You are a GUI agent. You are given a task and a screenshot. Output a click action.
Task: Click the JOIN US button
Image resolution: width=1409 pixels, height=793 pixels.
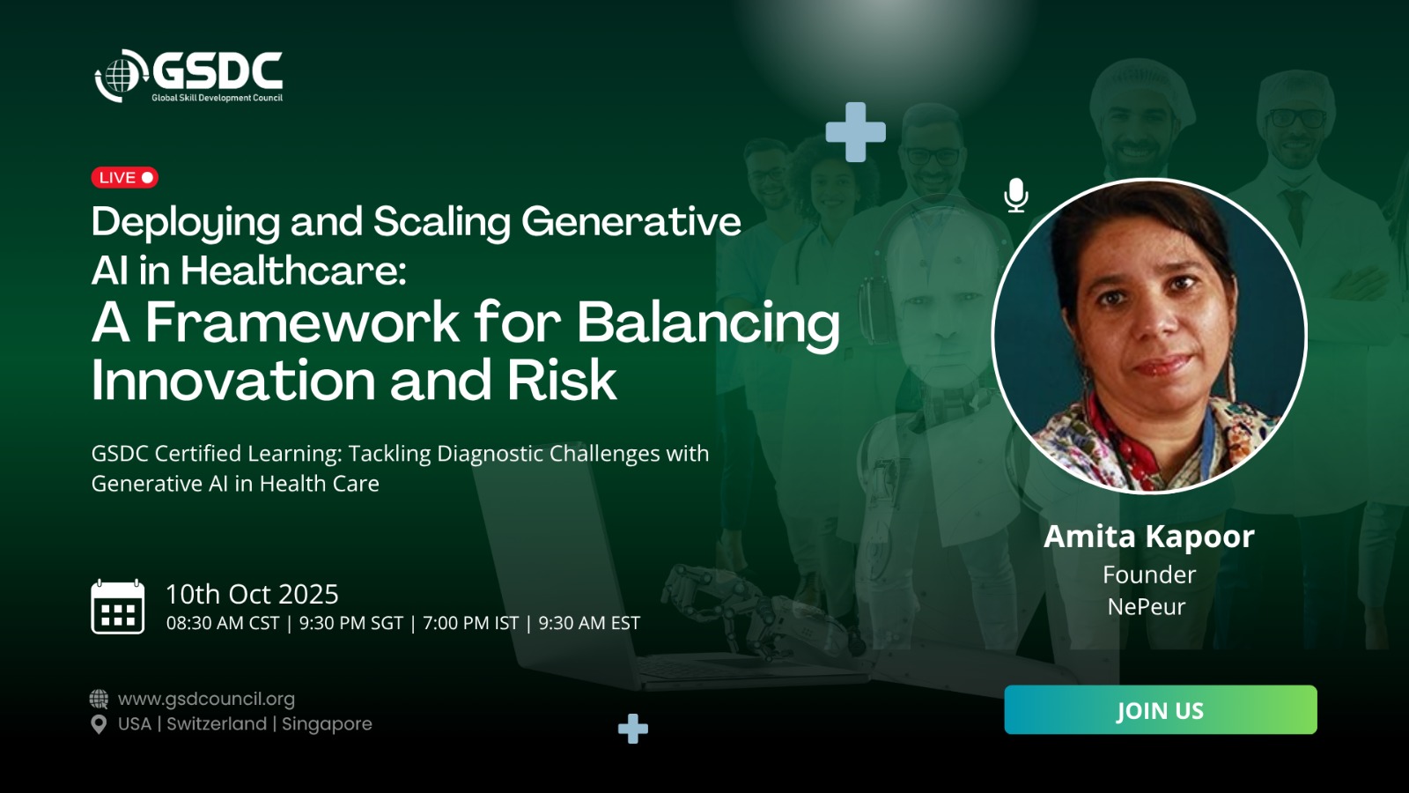pyautogui.click(x=1161, y=709)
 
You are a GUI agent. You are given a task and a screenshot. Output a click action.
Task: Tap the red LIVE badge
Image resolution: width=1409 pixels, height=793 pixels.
pyautogui.click(x=124, y=177)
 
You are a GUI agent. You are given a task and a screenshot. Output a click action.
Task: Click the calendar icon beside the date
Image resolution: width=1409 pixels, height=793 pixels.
pyautogui.click(x=118, y=607)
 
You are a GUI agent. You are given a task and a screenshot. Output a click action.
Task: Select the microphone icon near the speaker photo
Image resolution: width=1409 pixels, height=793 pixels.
pyautogui.click(x=1016, y=195)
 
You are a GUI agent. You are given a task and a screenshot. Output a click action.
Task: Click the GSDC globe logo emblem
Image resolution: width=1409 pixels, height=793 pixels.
pyautogui.click(x=120, y=76)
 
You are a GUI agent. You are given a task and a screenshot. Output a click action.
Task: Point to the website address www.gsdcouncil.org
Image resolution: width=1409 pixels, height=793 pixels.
pyautogui.click(x=206, y=699)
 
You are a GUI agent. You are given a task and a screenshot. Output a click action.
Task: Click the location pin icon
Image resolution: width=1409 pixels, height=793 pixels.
pyautogui.click(x=99, y=724)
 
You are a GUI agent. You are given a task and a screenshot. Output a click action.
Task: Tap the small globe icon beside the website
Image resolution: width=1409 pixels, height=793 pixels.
pyautogui.click(x=99, y=699)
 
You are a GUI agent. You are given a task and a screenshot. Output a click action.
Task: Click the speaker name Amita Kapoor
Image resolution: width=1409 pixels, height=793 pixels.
pyautogui.click(x=1148, y=537)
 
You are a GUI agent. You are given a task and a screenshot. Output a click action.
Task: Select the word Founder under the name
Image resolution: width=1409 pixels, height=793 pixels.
pyautogui.click(x=1149, y=574)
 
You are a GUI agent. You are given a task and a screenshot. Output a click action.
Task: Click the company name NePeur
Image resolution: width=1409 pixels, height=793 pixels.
pyautogui.click(x=1146, y=607)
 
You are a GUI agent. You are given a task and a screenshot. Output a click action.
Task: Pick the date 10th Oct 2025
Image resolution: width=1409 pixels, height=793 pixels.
pyautogui.click(x=252, y=594)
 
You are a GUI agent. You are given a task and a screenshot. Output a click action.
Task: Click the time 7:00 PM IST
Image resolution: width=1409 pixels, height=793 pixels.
pyautogui.click(x=470, y=623)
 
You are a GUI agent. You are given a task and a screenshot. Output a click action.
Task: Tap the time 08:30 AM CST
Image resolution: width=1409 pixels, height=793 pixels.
pyautogui.click(x=223, y=623)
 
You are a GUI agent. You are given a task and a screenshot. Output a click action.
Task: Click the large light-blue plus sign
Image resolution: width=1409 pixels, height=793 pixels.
pyautogui.click(x=855, y=132)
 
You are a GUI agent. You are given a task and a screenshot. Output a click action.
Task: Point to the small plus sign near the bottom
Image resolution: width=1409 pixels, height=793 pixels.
pyautogui.click(x=633, y=729)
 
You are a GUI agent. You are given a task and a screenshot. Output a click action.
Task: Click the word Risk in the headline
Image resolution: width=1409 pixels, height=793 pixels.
pyautogui.click(x=562, y=380)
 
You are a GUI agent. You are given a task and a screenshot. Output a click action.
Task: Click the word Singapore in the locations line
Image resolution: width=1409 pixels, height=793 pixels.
pyautogui.click(x=327, y=723)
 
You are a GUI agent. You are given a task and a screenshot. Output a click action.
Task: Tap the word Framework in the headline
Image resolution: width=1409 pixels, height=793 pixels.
pyautogui.click(x=303, y=322)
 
